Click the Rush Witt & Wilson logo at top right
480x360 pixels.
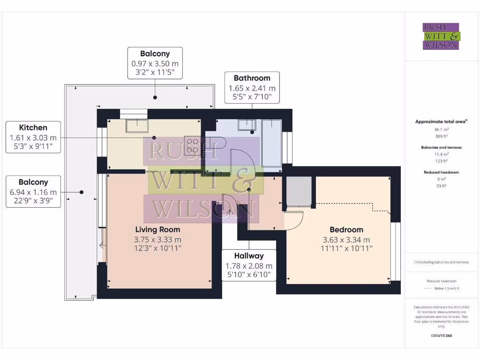441,36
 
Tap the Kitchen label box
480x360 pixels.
33,137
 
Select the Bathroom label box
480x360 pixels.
252,87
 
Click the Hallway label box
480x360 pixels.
249,265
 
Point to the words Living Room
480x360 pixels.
157,230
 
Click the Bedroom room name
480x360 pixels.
346,230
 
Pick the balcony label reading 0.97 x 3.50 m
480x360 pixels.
155,63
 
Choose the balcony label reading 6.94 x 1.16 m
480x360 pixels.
33,192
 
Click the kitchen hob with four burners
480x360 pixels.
192,142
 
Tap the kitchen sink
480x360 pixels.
137,125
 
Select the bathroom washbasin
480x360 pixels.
247,125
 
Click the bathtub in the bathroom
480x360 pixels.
272,142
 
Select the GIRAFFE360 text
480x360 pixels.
441,336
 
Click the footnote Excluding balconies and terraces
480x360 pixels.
441,262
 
